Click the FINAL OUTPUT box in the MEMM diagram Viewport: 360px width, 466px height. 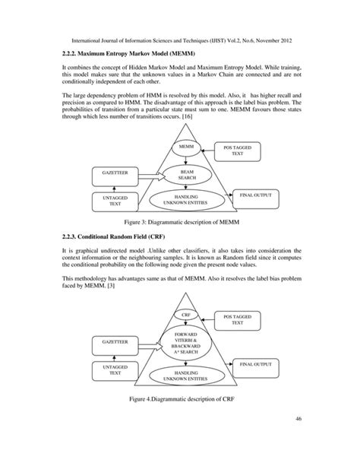[x=256, y=196]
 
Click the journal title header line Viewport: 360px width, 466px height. [x=180, y=36]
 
